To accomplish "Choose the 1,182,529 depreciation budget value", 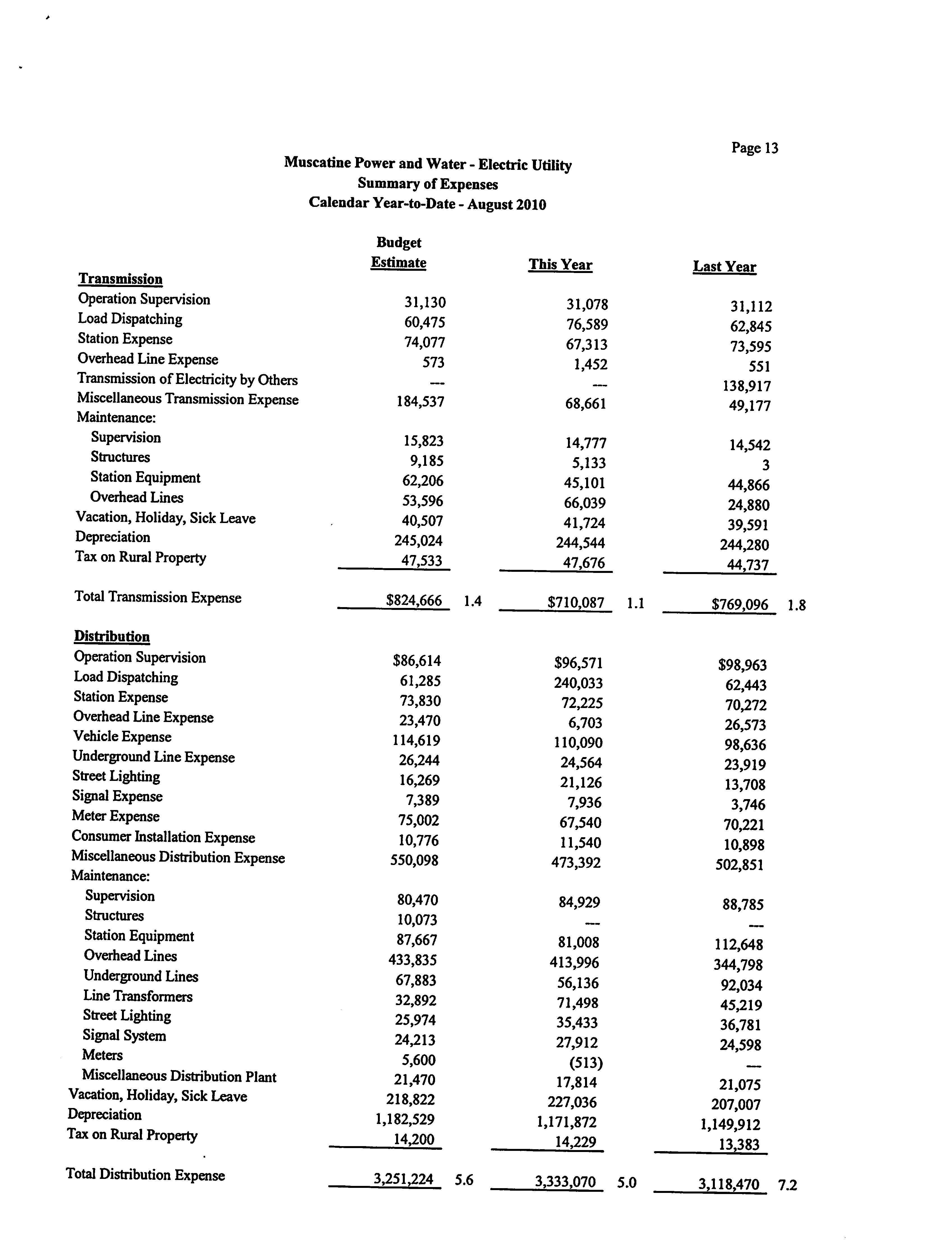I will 405,1119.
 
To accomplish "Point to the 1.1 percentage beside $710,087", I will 635,603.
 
